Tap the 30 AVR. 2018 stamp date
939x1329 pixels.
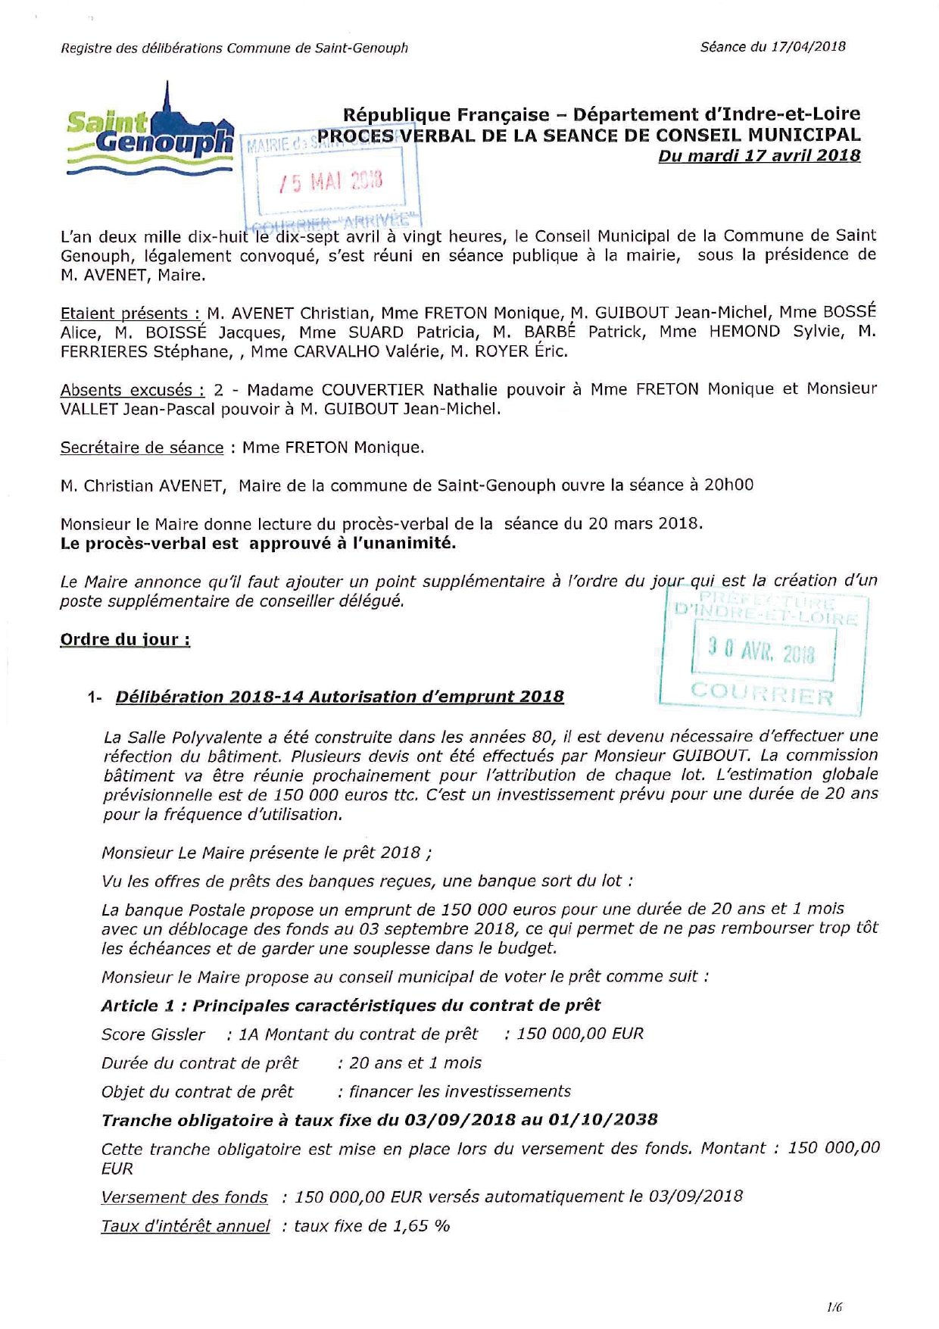pos(762,650)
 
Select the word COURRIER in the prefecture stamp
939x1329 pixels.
pos(762,692)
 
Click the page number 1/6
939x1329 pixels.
pos(834,1306)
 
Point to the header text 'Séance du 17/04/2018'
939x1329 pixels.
pos(772,47)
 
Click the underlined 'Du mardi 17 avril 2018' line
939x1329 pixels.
pos(759,155)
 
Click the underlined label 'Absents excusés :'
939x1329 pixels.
pos(132,390)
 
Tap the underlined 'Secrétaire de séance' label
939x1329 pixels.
pos(142,448)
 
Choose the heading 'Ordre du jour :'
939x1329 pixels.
pos(125,640)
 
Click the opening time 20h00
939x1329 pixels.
pos(728,485)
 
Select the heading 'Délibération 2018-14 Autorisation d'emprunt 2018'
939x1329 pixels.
pos(339,697)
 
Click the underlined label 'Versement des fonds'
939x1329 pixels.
pos(184,1197)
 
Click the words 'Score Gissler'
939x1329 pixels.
pos(153,1034)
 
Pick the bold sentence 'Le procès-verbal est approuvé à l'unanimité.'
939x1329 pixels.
pos(258,544)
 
